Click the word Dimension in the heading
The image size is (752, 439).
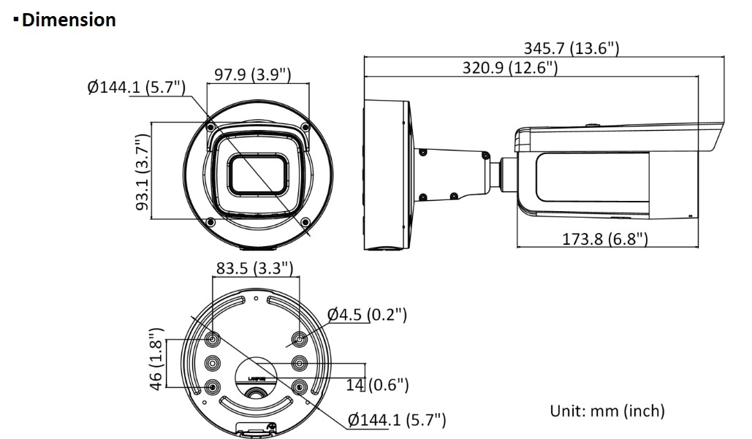69,20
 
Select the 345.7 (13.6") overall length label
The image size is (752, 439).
571,48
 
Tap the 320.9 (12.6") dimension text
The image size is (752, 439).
510,68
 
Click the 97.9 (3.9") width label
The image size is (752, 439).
253,75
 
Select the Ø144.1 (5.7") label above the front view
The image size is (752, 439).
136,88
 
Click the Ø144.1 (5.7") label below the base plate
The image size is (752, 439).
396,419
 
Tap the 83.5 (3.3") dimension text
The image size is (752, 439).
254,268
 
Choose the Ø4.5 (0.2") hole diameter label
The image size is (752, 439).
368,315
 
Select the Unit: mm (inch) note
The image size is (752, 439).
607,411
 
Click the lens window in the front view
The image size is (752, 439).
255,176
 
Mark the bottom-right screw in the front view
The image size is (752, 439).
303,221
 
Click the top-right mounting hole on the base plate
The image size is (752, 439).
299,339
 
